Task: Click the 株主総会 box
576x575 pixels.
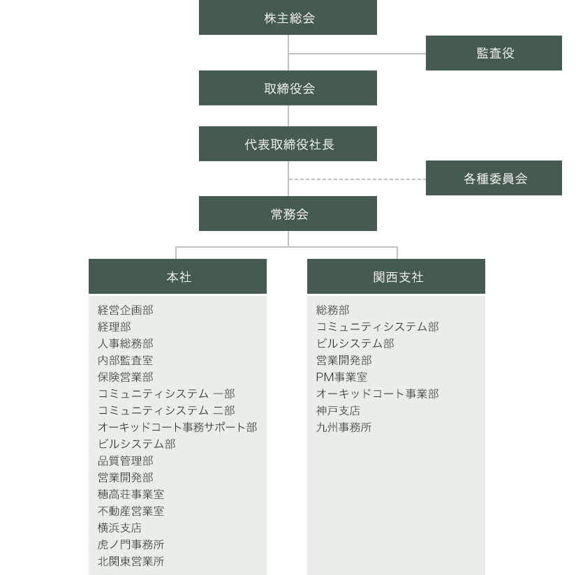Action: coord(288,17)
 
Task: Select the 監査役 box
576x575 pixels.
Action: coord(494,53)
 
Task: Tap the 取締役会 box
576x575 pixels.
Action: coord(288,88)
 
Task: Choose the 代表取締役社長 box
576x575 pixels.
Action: coord(288,144)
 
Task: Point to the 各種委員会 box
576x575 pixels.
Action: coord(494,178)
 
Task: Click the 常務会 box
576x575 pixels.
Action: coord(288,214)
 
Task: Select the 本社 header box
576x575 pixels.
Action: coord(177,276)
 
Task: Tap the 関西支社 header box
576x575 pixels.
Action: coord(396,276)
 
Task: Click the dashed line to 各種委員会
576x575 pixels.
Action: coord(357,179)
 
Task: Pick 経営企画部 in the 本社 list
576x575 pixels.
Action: coord(125,310)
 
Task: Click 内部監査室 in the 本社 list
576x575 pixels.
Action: coord(125,360)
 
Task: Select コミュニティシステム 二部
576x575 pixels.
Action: coord(166,410)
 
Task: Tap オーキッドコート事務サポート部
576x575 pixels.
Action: coord(177,427)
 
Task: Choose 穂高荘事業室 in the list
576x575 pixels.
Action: coord(131,494)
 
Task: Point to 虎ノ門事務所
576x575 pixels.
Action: coord(131,544)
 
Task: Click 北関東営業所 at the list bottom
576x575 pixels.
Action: coord(131,561)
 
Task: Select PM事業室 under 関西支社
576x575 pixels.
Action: coord(341,377)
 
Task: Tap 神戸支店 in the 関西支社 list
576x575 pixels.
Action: coord(338,410)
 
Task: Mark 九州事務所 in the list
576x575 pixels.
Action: coord(344,427)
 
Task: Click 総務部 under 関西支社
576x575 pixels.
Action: coord(333,310)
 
